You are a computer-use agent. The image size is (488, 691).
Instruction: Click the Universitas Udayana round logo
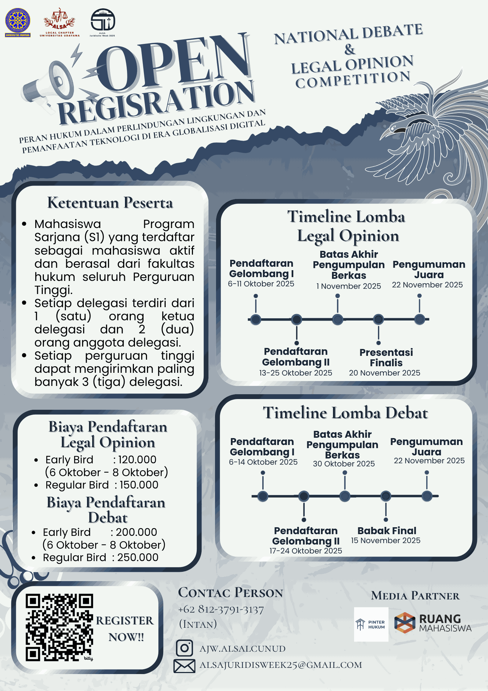click(18, 21)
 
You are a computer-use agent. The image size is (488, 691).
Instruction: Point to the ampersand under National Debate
click(350, 49)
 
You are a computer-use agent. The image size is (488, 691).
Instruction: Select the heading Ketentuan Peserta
click(110, 203)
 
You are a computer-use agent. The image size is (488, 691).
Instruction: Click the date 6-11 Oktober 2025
click(261, 284)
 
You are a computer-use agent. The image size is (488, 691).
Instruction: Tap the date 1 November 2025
click(349, 286)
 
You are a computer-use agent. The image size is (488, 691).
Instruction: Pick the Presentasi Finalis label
click(386, 358)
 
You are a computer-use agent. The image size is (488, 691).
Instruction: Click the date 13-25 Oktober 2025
click(295, 373)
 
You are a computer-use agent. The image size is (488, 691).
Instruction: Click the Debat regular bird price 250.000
click(138, 557)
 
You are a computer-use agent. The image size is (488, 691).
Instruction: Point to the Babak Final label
click(387, 530)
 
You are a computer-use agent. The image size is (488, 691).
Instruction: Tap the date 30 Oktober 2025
click(344, 464)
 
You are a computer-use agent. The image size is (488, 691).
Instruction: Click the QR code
click(59, 627)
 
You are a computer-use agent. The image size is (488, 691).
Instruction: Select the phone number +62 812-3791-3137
click(221, 609)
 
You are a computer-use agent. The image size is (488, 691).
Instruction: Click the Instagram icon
click(184, 648)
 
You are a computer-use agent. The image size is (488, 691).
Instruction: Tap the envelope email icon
click(184, 666)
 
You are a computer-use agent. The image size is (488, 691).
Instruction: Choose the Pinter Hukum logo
click(371, 624)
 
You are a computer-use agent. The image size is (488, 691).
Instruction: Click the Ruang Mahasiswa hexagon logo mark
click(404, 623)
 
